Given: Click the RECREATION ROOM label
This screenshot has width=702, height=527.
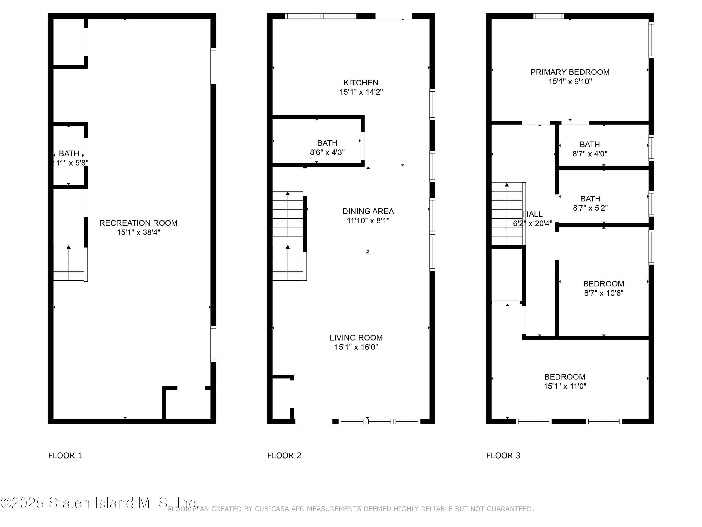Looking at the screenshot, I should tap(138, 223).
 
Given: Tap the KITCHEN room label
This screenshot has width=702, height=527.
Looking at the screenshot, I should tap(361, 83).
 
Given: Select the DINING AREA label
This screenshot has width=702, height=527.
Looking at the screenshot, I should tap(368, 211).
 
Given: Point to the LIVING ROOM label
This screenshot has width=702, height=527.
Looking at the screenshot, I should tap(356, 338).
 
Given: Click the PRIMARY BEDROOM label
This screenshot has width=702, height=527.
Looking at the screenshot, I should tap(570, 72).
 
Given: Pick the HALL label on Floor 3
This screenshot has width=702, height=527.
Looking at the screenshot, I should tap(533, 214).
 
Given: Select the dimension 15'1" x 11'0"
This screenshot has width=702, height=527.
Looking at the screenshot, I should tap(565, 386).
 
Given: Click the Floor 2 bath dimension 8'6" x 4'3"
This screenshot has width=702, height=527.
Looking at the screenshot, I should tap(327, 152).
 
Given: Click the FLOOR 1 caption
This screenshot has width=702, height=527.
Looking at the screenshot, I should tap(65, 456).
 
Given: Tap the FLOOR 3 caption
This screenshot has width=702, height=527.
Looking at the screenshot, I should tap(503, 456).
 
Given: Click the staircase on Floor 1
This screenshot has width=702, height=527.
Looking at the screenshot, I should tap(69, 263).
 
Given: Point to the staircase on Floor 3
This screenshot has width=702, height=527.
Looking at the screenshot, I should tap(507, 214).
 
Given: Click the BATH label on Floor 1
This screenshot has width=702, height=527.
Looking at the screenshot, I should tap(69, 153).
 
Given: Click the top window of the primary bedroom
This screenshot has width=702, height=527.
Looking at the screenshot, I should tap(548, 16).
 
